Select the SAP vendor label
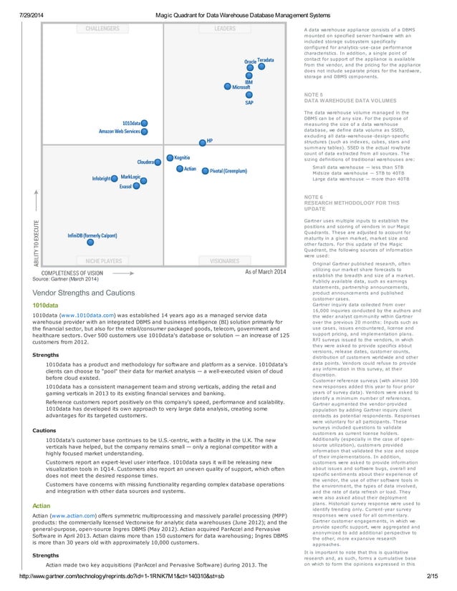coord(249,103)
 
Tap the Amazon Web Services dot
coord(144,132)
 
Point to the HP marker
coord(202,142)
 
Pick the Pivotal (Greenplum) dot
coord(205,171)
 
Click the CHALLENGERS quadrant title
coord(102,29)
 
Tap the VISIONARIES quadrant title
coord(224,261)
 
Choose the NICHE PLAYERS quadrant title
coord(103,261)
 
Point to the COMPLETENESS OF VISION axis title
coord(72,273)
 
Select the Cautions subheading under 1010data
coord(45,430)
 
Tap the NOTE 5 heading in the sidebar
coord(313,94)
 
